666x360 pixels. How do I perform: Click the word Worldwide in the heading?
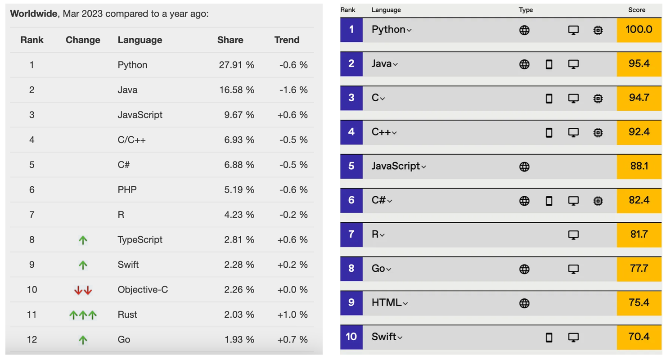pos(34,13)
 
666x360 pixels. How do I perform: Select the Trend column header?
pos(287,40)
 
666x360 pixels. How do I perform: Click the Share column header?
pos(230,40)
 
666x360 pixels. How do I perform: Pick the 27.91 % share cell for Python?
pos(236,65)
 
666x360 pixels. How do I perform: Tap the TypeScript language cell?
pos(140,240)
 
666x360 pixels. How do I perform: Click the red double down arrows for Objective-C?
pos(83,290)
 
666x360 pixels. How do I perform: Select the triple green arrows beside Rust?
pos(83,315)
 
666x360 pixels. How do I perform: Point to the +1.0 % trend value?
pos(292,315)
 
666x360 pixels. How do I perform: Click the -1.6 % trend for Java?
pos(293,90)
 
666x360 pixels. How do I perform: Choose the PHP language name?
pos(127,190)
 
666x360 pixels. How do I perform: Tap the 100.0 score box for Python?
pos(639,30)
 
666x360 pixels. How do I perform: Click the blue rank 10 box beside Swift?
pos(351,337)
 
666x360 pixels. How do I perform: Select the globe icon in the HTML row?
pos(524,303)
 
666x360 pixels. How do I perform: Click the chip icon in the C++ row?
pos(598,133)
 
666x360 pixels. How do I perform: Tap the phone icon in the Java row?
pos(549,64)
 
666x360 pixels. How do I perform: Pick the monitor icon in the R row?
pos(573,235)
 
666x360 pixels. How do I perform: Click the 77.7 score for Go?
pos(639,269)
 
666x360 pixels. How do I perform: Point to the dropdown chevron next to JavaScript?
pos(423,167)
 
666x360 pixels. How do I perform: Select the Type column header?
pos(526,10)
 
